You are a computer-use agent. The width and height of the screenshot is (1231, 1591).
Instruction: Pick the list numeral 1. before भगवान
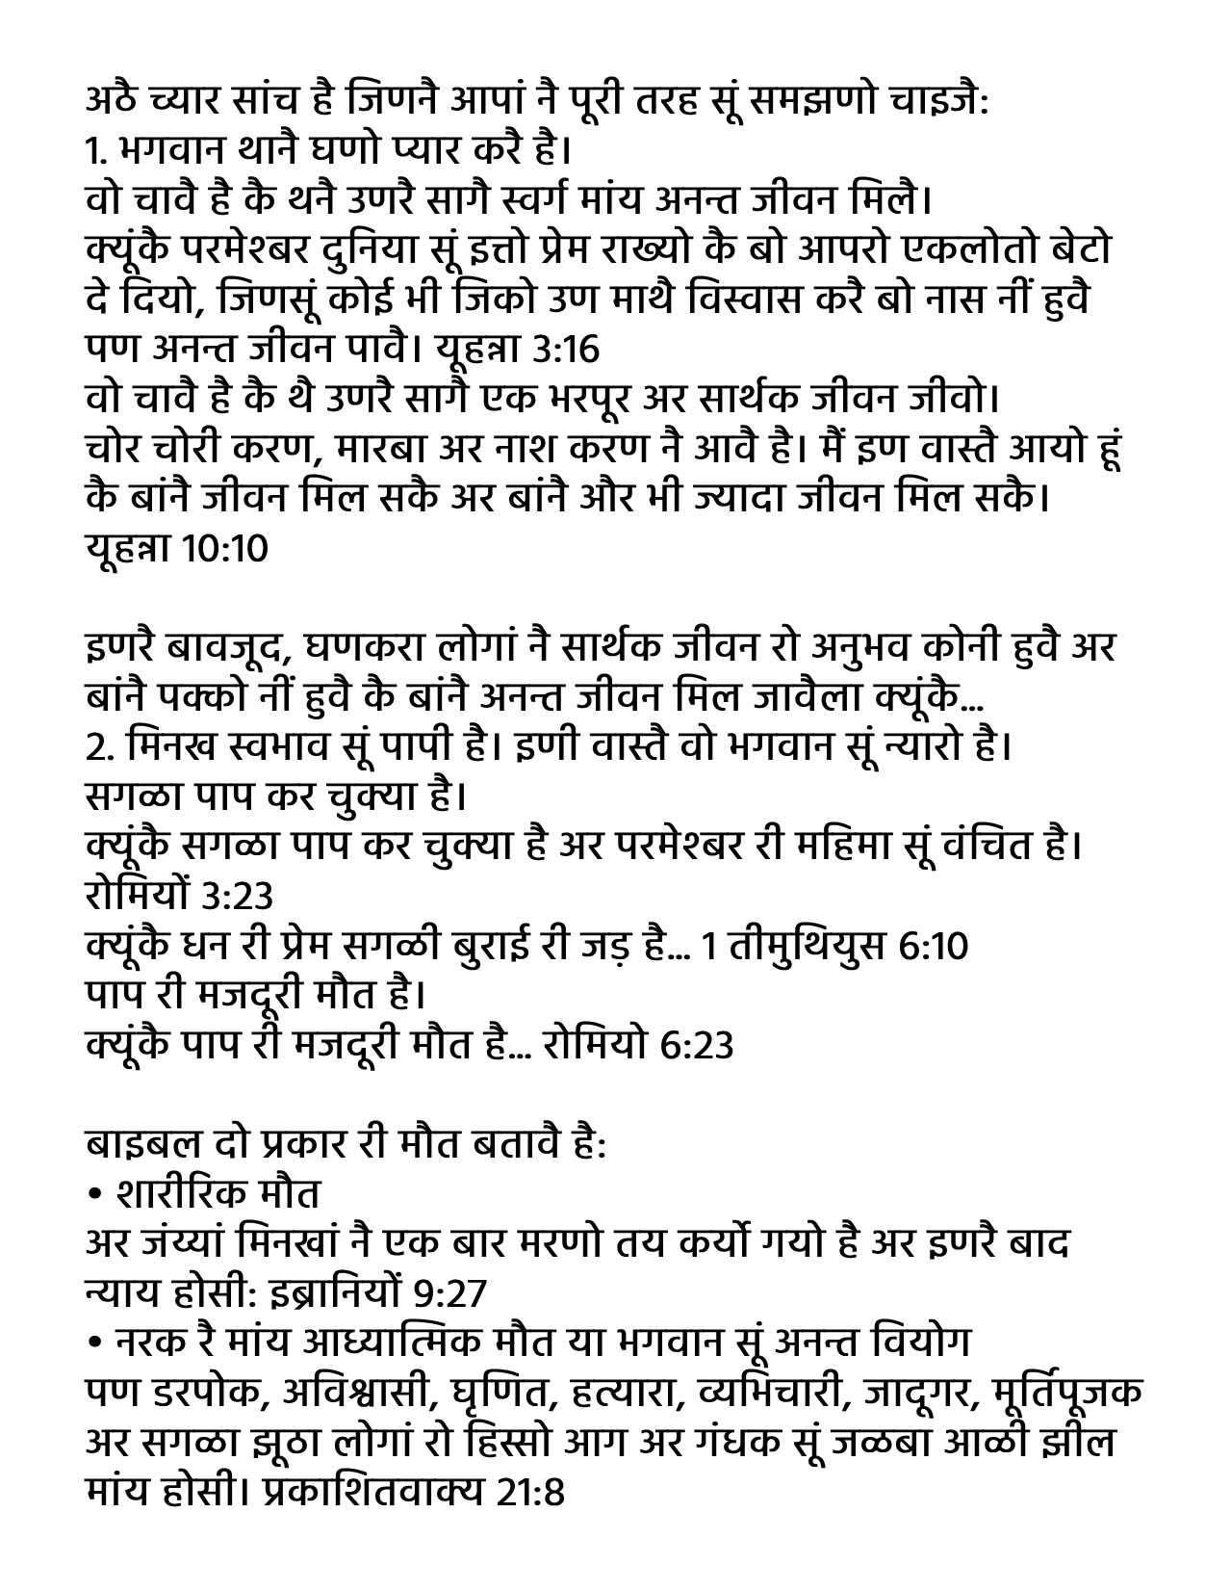[x=94, y=151]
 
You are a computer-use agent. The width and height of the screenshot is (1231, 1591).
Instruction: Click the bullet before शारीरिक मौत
[x=94, y=1195]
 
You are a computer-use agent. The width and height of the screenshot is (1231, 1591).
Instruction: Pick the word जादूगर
[x=922, y=1393]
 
